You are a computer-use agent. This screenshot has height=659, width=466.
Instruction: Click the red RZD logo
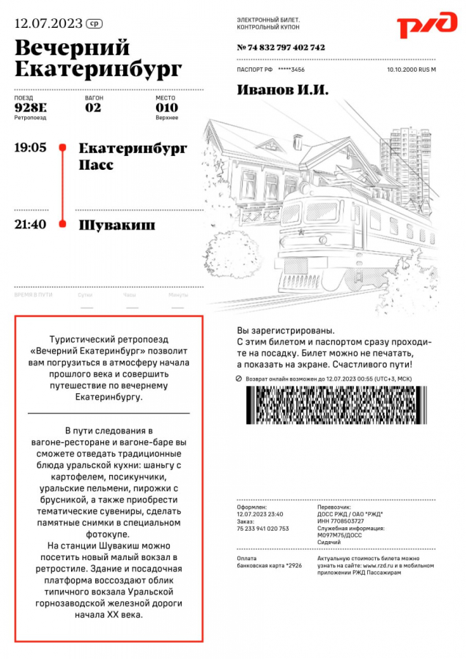click(426, 26)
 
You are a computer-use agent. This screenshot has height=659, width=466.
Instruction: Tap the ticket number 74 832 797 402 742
click(281, 48)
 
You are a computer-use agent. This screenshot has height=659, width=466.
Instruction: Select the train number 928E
click(30, 108)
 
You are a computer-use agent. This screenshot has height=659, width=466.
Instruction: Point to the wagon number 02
click(93, 108)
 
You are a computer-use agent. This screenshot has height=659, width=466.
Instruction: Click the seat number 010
click(166, 108)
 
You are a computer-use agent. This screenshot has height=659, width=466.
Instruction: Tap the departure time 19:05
click(30, 148)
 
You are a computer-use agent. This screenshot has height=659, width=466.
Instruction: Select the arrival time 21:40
click(30, 224)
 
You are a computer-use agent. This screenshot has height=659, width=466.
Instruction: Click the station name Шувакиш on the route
click(116, 225)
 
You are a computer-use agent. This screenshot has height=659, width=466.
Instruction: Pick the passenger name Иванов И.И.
click(283, 90)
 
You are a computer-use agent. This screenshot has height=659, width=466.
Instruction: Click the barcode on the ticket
click(336, 406)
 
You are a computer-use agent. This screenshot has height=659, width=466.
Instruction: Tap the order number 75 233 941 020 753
click(262, 528)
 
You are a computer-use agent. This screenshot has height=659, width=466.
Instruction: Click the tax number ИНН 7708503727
click(342, 521)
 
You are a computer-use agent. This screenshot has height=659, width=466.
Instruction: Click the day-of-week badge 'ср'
click(94, 23)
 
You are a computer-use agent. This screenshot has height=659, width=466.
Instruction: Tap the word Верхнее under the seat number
click(166, 118)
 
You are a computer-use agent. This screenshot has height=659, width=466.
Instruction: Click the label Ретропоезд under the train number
click(30, 118)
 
